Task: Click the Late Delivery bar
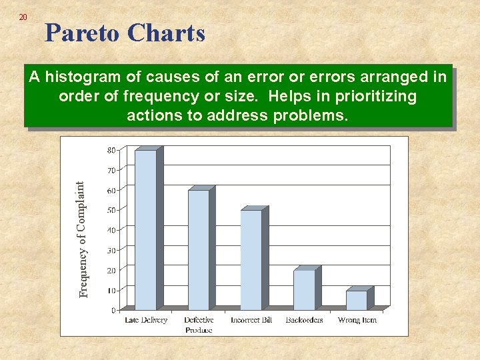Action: [x=145, y=230]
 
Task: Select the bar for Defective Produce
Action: [x=198, y=250]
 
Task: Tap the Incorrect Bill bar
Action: [x=251, y=260]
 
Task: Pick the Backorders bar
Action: [x=304, y=290]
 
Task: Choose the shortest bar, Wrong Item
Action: [x=357, y=300]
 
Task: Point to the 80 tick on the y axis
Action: [x=111, y=150]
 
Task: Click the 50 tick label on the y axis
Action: [x=111, y=210]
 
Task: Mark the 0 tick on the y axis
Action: [x=113, y=310]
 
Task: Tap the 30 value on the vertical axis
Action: [x=111, y=250]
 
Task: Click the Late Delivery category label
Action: [x=146, y=320]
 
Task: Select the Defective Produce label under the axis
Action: [x=199, y=325]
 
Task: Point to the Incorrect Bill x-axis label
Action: [x=251, y=320]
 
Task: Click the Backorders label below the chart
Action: [x=304, y=320]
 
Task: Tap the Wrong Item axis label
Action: [x=357, y=320]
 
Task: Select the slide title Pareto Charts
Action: [x=125, y=33]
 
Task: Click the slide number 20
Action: [x=23, y=17]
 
